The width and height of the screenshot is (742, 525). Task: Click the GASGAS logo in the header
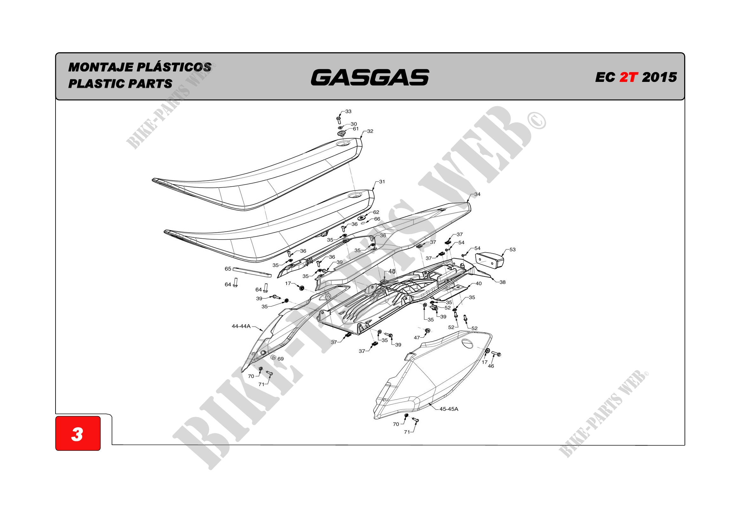coord(370,77)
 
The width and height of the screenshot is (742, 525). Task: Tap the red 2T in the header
coord(629,77)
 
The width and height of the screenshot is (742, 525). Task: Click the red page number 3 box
coord(78,434)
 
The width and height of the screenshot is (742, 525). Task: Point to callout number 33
coord(348,111)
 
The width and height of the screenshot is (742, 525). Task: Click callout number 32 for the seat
coord(370,131)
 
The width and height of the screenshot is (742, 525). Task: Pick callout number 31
coord(382,182)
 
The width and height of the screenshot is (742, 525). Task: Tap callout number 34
coord(477,194)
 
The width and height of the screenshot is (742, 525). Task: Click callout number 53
coord(513,249)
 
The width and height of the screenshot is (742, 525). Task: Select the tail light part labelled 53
coord(490,260)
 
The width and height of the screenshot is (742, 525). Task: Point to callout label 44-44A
coord(241,326)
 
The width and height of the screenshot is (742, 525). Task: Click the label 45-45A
coord(449,409)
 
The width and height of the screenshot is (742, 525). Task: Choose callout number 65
coord(228,269)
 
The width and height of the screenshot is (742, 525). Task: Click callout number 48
coord(392,271)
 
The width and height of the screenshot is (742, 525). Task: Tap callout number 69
coord(281,359)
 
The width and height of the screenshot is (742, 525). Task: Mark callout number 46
coord(491,366)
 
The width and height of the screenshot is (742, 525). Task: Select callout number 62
coord(376,212)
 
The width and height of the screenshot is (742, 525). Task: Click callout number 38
coord(502,282)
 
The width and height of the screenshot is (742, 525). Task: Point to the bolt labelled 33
coord(339,120)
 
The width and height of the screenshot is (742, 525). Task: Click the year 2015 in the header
coord(659,77)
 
